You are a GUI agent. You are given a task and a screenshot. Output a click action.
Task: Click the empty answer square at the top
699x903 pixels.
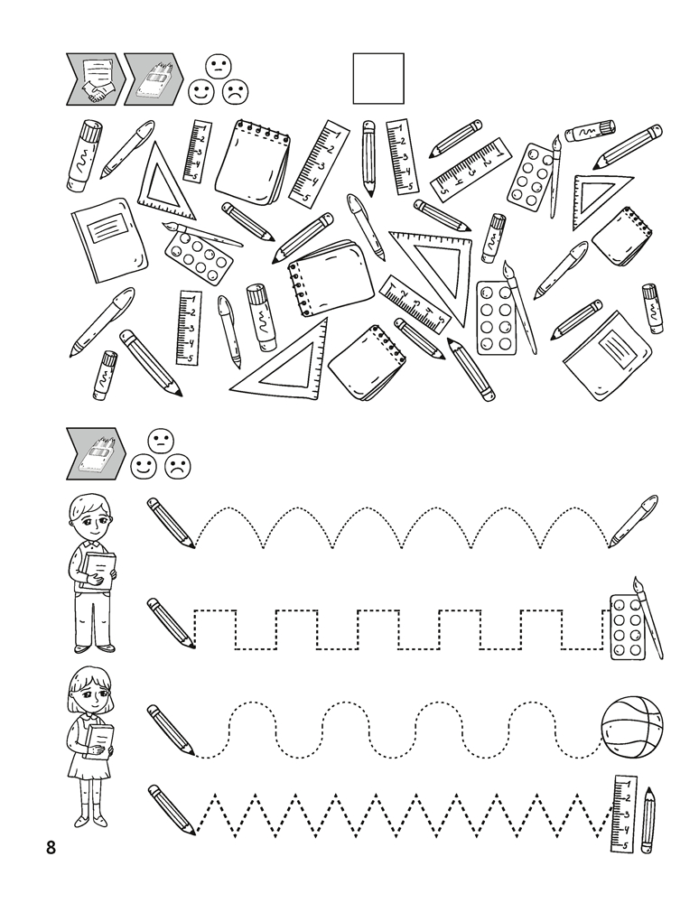[378, 79]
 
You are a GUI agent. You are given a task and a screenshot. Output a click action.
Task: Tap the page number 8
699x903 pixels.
[51, 848]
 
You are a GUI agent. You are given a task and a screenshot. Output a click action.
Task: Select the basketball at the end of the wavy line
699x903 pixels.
[631, 727]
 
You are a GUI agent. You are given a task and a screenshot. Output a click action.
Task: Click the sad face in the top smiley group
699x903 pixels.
[235, 92]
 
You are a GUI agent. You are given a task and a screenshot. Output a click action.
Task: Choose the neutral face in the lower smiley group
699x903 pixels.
[161, 442]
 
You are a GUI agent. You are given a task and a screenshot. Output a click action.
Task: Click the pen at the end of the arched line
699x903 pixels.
[633, 520]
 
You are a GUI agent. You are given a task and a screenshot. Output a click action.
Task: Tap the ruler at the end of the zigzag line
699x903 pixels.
[624, 814]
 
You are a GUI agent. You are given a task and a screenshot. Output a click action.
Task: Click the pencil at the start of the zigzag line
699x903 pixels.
[172, 809]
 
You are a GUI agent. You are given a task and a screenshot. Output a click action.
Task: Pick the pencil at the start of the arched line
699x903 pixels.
[171, 522]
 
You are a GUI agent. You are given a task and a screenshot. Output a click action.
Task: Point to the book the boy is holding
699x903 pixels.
[98, 570]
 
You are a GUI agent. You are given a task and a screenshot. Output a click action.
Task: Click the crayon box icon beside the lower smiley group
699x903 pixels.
[97, 454]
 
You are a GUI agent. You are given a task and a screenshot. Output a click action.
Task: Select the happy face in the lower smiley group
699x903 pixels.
[143, 467]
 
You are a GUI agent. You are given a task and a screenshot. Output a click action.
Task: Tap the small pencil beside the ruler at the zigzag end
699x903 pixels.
[649, 821]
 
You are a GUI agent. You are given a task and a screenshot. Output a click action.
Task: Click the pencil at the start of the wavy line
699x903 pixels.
[171, 729]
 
